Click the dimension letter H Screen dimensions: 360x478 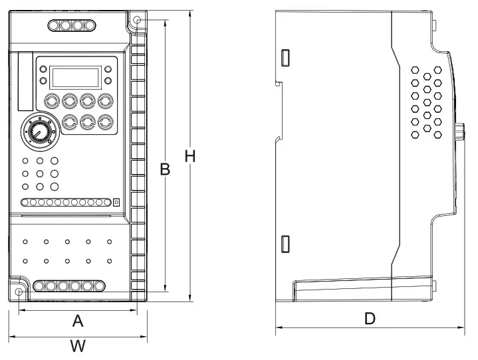point(190,157)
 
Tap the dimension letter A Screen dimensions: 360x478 point(78,321)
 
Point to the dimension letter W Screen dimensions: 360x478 point(78,346)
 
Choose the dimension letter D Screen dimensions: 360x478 point(370,319)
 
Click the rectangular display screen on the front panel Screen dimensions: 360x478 point(74,76)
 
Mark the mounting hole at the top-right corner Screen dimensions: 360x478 point(138,21)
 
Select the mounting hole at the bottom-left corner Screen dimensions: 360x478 point(19,292)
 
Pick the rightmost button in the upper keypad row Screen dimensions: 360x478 point(104,102)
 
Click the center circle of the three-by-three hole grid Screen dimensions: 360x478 point(40,173)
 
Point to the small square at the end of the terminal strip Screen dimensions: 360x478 point(116,202)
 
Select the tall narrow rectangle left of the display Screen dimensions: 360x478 point(25,81)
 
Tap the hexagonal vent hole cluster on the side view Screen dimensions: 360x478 point(426,102)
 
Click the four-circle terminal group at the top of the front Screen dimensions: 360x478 point(70,25)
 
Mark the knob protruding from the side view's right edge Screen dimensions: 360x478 point(459,133)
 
